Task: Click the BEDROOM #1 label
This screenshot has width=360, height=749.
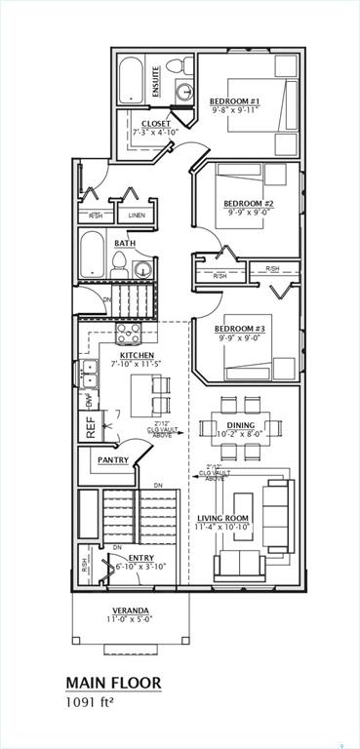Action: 233,100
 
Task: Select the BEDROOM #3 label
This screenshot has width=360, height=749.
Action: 239,329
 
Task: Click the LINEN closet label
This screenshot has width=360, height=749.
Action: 137,215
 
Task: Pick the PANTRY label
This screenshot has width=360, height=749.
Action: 112,459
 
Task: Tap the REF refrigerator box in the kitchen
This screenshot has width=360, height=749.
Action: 91,426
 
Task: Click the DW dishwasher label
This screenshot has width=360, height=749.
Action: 89,400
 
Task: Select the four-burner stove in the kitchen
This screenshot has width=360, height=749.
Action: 129,335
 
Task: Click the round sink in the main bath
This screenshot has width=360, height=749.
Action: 142,269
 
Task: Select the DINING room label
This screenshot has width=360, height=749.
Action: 240,425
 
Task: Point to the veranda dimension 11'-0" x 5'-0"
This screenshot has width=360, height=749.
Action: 130,618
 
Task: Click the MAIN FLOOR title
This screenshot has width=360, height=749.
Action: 112,683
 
